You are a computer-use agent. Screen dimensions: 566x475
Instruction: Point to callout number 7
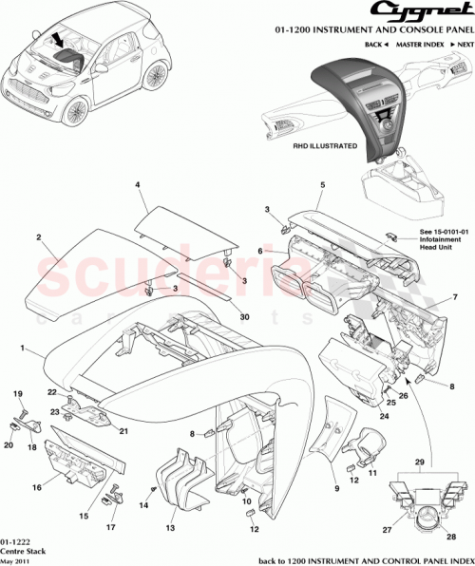coord(454,299)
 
